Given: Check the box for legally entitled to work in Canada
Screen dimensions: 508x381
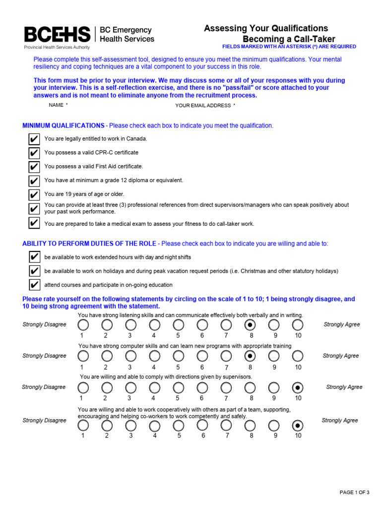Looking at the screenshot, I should (34, 139).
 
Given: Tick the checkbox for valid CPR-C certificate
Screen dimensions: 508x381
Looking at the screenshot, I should (34, 153).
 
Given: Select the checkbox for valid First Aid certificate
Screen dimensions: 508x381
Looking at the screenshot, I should (34, 167).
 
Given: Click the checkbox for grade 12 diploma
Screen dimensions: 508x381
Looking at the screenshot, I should (34, 181).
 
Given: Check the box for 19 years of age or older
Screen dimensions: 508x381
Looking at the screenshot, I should (34, 194).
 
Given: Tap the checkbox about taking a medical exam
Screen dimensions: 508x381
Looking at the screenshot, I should (34, 224).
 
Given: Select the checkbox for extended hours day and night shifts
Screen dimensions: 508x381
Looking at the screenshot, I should (34, 257).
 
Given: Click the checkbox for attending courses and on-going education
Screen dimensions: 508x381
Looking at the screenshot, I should (34, 285).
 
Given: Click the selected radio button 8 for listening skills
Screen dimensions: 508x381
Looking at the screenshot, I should (251, 325).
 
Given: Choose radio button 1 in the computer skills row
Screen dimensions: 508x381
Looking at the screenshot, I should (82, 356).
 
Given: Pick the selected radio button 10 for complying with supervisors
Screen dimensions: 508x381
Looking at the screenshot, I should (298, 387).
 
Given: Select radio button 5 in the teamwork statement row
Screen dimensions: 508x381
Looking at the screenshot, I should (179, 426).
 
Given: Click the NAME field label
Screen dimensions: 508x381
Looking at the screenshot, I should (56, 105).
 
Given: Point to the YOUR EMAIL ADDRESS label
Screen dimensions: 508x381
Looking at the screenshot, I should (203, 106).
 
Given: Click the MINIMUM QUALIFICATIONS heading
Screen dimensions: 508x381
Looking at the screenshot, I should (63, 126).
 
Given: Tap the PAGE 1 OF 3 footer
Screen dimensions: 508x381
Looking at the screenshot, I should (354, 492).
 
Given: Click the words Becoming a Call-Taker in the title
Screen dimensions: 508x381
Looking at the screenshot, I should (289, 39).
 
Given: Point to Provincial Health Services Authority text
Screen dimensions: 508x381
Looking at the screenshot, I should (57, 48).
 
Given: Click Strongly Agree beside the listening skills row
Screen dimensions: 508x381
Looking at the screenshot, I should (342, 324).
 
